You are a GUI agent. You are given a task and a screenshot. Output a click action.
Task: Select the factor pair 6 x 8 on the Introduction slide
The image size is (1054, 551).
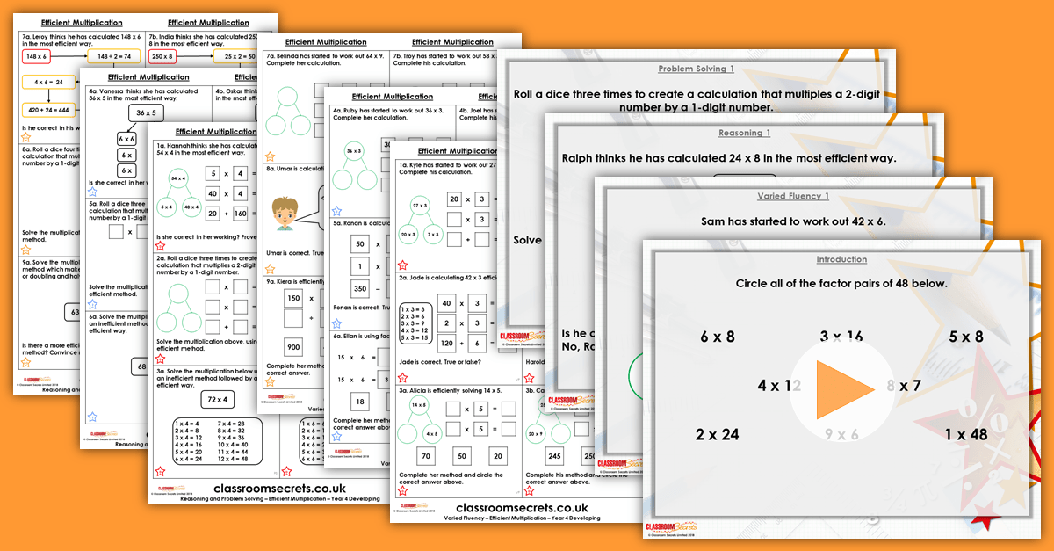click(x=717, y=337)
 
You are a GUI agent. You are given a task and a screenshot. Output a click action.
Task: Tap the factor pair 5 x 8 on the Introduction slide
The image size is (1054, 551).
click(x=965, y=337)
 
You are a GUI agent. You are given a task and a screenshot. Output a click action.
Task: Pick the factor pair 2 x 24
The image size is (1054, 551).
click(x=717, y=434)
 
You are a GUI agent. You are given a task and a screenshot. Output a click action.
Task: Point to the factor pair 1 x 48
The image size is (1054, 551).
click(x=966, y=434)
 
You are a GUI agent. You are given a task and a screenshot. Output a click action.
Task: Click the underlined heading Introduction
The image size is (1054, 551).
click(x=841, y=260)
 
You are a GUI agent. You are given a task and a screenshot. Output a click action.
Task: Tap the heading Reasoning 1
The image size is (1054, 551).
click(x=744, y=133)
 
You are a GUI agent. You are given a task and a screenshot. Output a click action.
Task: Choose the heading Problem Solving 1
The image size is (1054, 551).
click(x=693, y=69)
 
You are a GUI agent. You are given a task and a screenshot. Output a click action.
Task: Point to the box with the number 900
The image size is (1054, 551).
click(x=292, y=347)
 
